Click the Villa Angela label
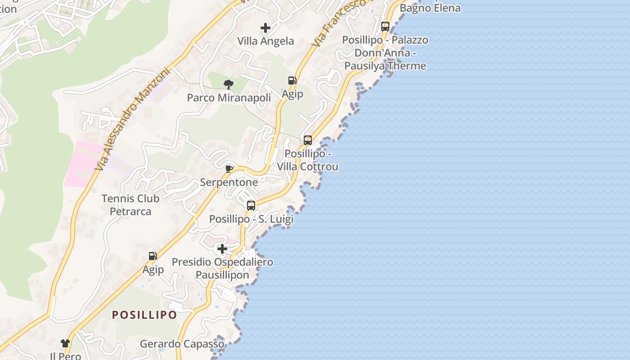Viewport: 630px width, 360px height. tap(265, 41)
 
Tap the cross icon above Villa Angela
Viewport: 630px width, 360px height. tap(265, 28)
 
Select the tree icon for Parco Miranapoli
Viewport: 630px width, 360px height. tap(229, 84)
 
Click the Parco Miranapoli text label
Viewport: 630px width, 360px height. tap(229, 98)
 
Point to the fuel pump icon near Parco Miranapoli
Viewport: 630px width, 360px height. tap(292, 81)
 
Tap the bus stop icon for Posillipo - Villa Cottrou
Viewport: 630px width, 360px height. tap(308, 140)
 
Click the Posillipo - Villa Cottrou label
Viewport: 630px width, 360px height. tap(308, 160)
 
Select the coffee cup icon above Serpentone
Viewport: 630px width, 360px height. tap(229, 169)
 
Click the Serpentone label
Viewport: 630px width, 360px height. tap(229, 182)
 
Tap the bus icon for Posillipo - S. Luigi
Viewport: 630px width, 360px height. tap(251, 206)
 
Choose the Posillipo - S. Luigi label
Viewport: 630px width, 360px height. tap(251, 219)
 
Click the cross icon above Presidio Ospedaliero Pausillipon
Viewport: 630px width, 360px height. tap(222, 248)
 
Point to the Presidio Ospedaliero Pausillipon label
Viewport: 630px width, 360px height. tap(222, 268)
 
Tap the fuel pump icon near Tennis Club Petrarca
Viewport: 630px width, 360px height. tap(153, 256)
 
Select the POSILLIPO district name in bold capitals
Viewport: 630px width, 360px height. tap(144, 315)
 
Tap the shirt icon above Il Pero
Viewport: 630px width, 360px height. tap(65, 343)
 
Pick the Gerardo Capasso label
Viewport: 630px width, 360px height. tap(182, 344)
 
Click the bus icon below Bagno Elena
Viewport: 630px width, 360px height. tap(385, 26)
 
